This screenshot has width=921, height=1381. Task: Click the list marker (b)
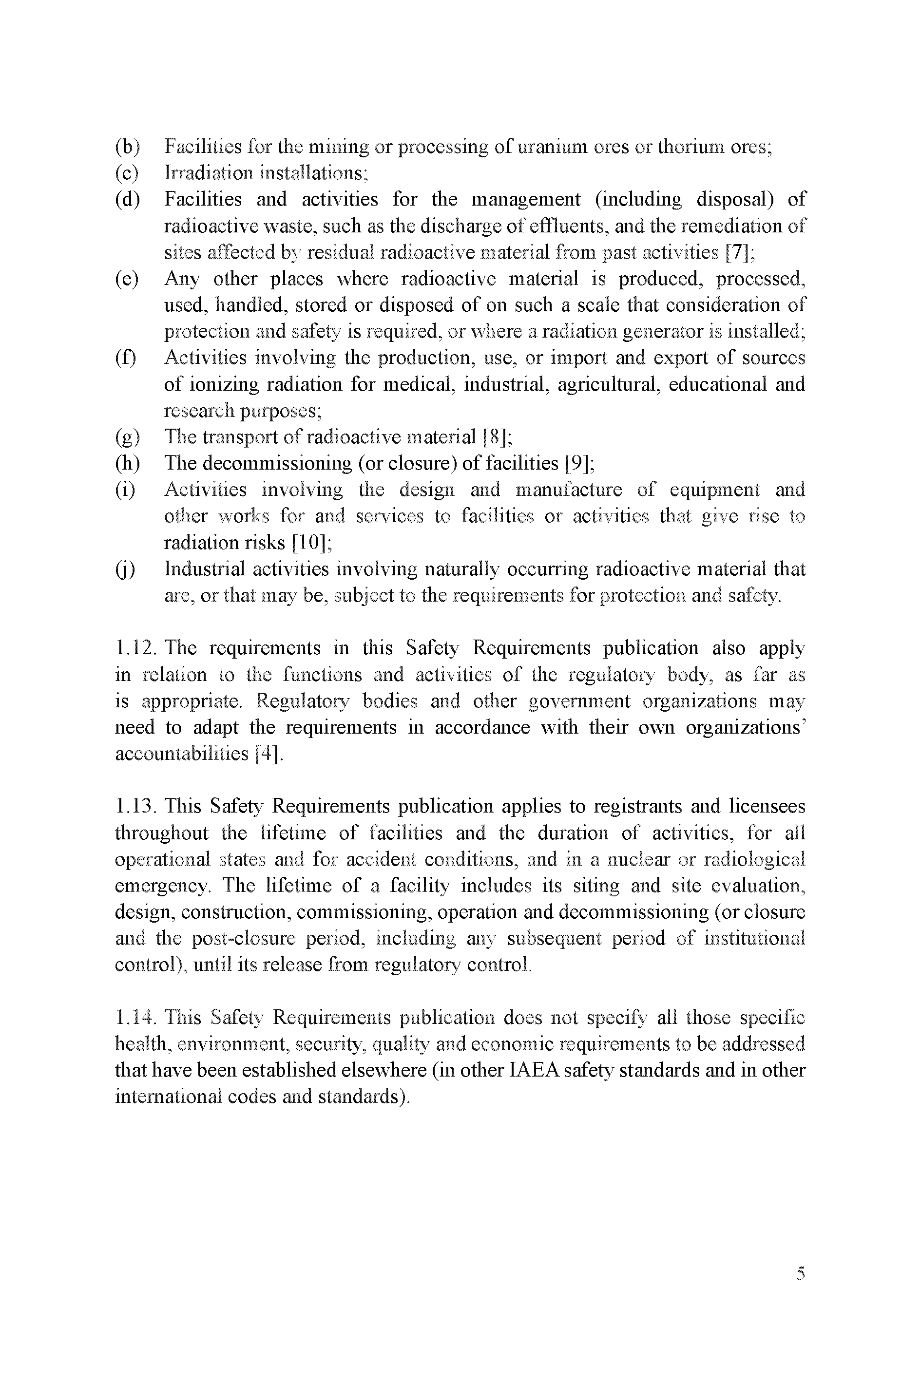(x=127, y=146)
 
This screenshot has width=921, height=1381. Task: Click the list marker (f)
(x=126, y=358)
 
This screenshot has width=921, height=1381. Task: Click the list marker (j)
(x=125, y=569)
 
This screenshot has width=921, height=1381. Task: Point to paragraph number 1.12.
(x=135, y=648)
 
